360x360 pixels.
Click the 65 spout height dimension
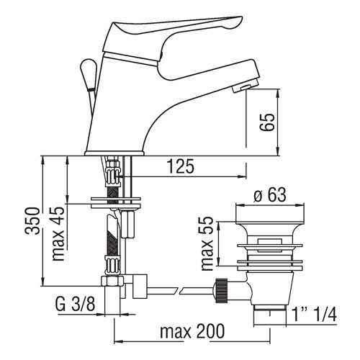coord(267,122)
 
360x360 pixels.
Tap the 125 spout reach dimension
coord(181,166)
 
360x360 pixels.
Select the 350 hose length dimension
coord(32,220)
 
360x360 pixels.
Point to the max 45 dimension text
coord(58,233)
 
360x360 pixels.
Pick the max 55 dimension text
coord(207,243)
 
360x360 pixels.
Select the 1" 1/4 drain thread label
coord(315,315)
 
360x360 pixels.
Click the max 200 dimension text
coord(192,331)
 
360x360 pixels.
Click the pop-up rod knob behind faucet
coord(89,74)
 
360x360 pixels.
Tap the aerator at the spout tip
coord(246,87)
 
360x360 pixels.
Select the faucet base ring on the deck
coord(114,153)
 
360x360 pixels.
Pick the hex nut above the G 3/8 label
coord(112,281)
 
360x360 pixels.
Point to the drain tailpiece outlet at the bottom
coord(270,315)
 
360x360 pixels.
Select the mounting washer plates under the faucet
coord(115,203)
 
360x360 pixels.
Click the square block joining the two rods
coord(140,287)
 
